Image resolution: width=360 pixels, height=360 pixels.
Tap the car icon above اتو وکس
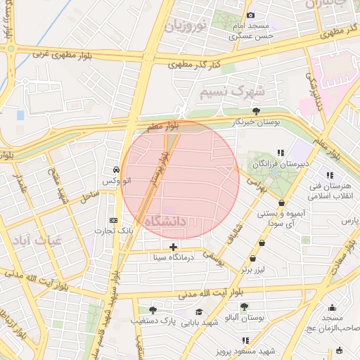[115, 170]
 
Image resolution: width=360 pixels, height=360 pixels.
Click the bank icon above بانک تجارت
[113, 220]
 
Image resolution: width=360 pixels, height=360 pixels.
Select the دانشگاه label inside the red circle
[166, 221]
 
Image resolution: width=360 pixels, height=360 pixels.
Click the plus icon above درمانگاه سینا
[173, 247]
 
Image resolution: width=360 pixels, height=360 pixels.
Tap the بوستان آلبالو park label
[244, 318]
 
